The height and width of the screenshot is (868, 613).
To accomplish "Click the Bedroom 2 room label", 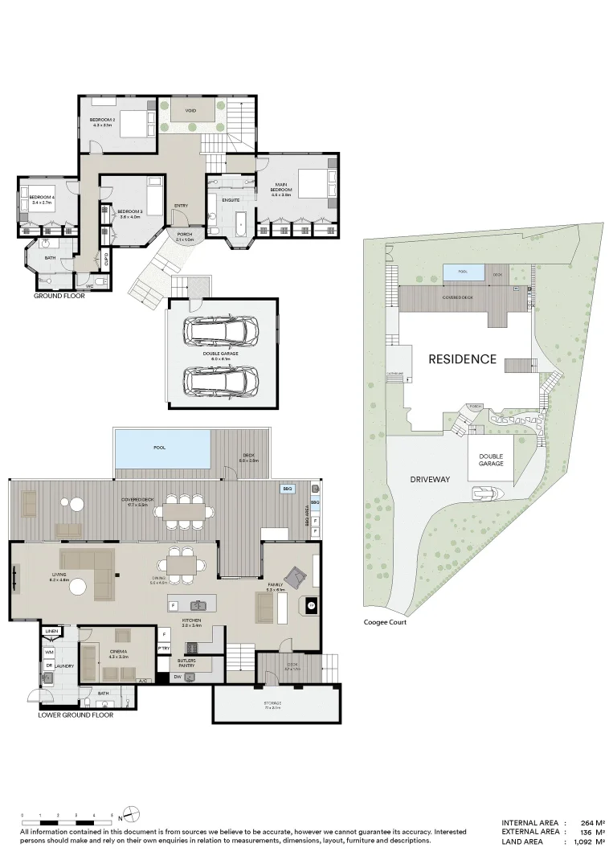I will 104,122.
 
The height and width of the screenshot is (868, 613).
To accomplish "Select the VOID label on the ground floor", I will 190,111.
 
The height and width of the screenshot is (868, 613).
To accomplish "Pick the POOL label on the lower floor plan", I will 160,447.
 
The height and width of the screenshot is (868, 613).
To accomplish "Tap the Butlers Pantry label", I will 186,662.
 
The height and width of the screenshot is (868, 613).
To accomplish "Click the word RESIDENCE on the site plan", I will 462,359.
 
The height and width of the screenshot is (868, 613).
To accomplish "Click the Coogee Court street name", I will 385,622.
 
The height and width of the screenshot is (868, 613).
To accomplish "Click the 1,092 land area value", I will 577,841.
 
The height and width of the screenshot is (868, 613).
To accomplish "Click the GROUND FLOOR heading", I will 59,296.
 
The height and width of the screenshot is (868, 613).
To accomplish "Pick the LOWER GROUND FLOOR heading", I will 76,714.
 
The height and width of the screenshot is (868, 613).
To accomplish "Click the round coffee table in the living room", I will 77,588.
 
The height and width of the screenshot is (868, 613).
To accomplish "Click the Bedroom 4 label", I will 42,200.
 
